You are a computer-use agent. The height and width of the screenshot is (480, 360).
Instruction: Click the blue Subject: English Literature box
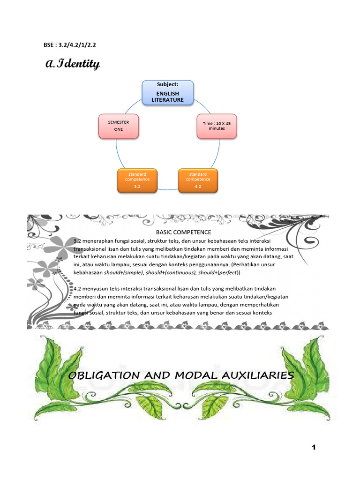(x=167, y=92)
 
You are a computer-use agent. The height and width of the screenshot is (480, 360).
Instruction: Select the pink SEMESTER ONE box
(x=119, y=126)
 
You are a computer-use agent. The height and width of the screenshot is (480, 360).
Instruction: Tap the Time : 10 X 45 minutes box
(x=217, y=126)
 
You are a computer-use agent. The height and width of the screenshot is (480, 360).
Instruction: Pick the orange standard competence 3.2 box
(x=137, y=180)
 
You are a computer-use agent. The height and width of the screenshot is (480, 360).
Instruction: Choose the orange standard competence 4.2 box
(x=198, y=180)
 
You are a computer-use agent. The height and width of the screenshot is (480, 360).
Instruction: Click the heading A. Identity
(x=73, y=64)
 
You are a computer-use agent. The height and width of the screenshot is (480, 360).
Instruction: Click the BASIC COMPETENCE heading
(x=183, y=232)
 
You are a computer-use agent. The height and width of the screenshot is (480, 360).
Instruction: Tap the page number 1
(x=314, y=448)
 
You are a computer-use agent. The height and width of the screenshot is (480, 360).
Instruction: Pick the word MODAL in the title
(x=194, y=375)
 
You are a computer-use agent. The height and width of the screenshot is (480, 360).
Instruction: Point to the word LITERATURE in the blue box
(x=167, y=100)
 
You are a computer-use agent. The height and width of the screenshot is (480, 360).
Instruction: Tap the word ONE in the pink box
(x=119, y=129)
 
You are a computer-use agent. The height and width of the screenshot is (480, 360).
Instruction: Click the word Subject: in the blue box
(x=167, y=84)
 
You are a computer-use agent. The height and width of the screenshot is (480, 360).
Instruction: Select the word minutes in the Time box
(x=217, y=128)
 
